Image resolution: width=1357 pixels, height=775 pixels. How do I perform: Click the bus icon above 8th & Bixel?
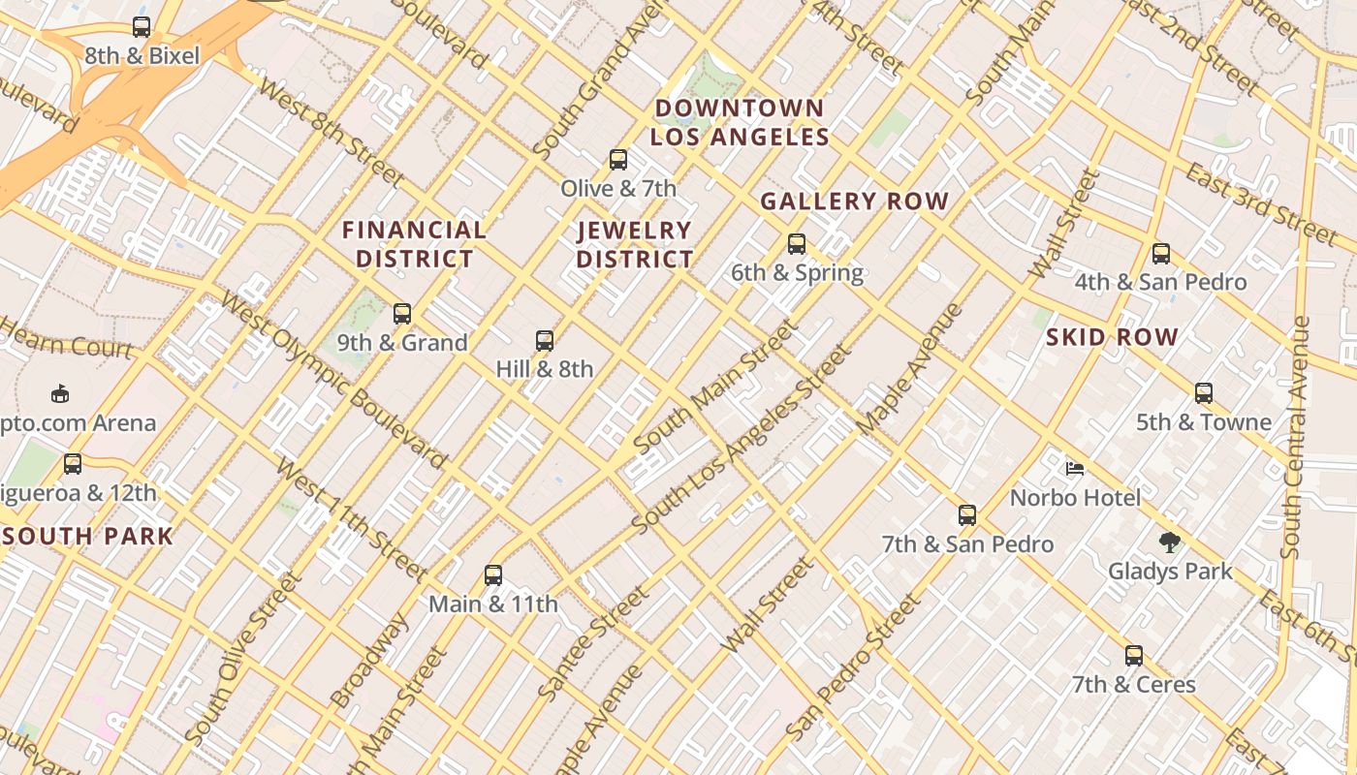(x=142, y=27)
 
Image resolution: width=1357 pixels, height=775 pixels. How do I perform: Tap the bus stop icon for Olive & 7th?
(x=618, y=160)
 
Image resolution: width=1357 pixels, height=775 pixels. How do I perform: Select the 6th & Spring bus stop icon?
(x=797, y=244)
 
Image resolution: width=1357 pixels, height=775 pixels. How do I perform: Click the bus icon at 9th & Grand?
(x=402, y=314)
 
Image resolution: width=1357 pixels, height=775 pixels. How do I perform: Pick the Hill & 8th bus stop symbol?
(x=545, y=341)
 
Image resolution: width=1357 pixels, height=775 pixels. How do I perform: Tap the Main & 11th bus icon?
(x=493, y=575)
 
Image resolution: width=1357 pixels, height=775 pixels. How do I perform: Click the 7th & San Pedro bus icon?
(x=967, y=515)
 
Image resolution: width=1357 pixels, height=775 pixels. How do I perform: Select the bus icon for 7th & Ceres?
(x=1134, y=656)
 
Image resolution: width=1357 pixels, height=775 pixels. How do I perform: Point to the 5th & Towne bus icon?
(x=1204, y=393)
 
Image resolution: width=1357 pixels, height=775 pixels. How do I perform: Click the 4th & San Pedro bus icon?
(x=1161, y=254)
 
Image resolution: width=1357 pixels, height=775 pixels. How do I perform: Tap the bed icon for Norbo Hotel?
(x=1075, y=469)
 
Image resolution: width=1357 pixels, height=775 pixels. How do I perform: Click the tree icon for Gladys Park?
(x=1170, y=542)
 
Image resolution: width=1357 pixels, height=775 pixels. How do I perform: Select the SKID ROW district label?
(x=1112, y=338)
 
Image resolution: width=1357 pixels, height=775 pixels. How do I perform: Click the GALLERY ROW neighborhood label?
(x=854, y=201)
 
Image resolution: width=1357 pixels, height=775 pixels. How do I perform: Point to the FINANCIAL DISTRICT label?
(x=415, y=244)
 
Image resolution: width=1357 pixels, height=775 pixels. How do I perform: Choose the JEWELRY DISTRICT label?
(x=635, y=245)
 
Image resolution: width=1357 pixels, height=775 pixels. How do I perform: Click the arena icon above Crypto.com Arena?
(x=60, y=393)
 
